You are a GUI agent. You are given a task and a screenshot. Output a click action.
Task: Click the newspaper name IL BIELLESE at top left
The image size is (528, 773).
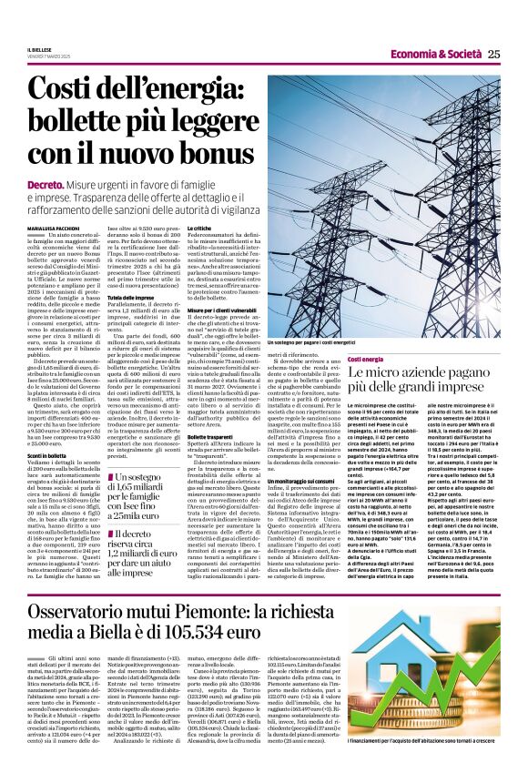(x=40, y=49)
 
